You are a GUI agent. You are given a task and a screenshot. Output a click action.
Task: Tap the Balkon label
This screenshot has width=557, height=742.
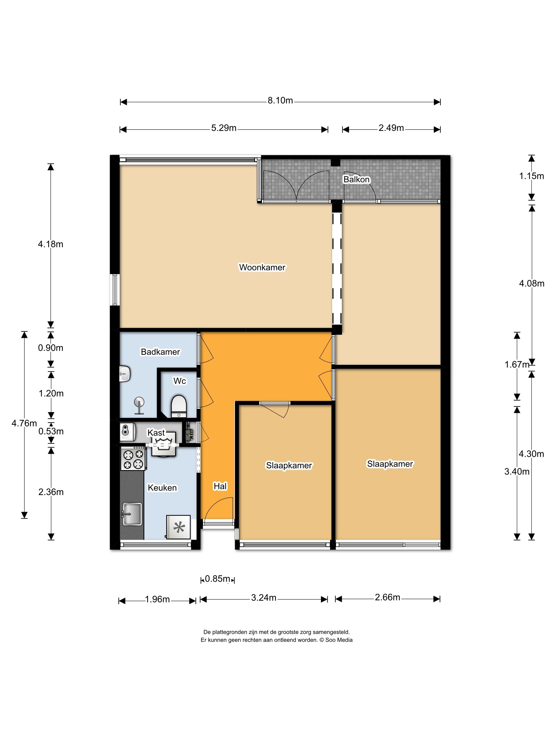click(356, 179)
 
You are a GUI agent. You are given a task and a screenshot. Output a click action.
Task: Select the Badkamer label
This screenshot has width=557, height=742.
click(160, 352)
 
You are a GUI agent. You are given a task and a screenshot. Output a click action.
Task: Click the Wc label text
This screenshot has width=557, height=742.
click(179, 381)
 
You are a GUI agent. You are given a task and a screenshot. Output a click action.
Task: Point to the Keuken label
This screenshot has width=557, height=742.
click(162, 487)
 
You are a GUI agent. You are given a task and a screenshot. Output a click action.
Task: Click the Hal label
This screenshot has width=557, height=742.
click(220, 486)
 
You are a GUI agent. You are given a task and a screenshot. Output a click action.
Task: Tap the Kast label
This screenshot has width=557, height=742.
click(156, 432)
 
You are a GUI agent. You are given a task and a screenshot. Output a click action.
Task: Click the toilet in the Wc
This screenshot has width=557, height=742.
click(179, 406)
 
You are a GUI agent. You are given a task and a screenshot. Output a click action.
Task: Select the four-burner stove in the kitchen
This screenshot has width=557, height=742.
click(133, 459)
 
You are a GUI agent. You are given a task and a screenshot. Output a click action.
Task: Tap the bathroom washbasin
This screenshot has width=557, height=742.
click(125, 373)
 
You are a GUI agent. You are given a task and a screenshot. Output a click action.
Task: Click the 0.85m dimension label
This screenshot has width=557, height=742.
click(217, 579)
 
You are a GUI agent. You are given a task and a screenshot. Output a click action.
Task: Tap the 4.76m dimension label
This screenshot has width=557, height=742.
click(24, 423)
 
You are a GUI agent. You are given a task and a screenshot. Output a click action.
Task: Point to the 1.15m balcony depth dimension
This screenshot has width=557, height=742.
click(532, 176)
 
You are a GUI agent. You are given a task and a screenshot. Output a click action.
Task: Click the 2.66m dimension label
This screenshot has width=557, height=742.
click(388, 597)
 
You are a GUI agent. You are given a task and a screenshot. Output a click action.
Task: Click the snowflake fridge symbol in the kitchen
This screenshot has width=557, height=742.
click(179, 527)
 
